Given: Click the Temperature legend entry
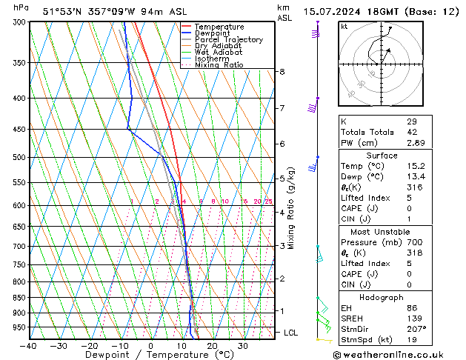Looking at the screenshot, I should tap(220, 27).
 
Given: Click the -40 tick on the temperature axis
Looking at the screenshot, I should tap(28, 346).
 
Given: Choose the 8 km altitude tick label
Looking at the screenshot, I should tap(282, 72).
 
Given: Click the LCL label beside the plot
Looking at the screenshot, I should tap(291, 333).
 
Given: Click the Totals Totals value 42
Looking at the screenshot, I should tap(412, 132).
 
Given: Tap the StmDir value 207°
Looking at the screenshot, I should tap(416, 329).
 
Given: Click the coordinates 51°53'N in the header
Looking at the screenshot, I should tap(62, 12).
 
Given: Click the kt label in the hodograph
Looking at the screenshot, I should tap(344, 26).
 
